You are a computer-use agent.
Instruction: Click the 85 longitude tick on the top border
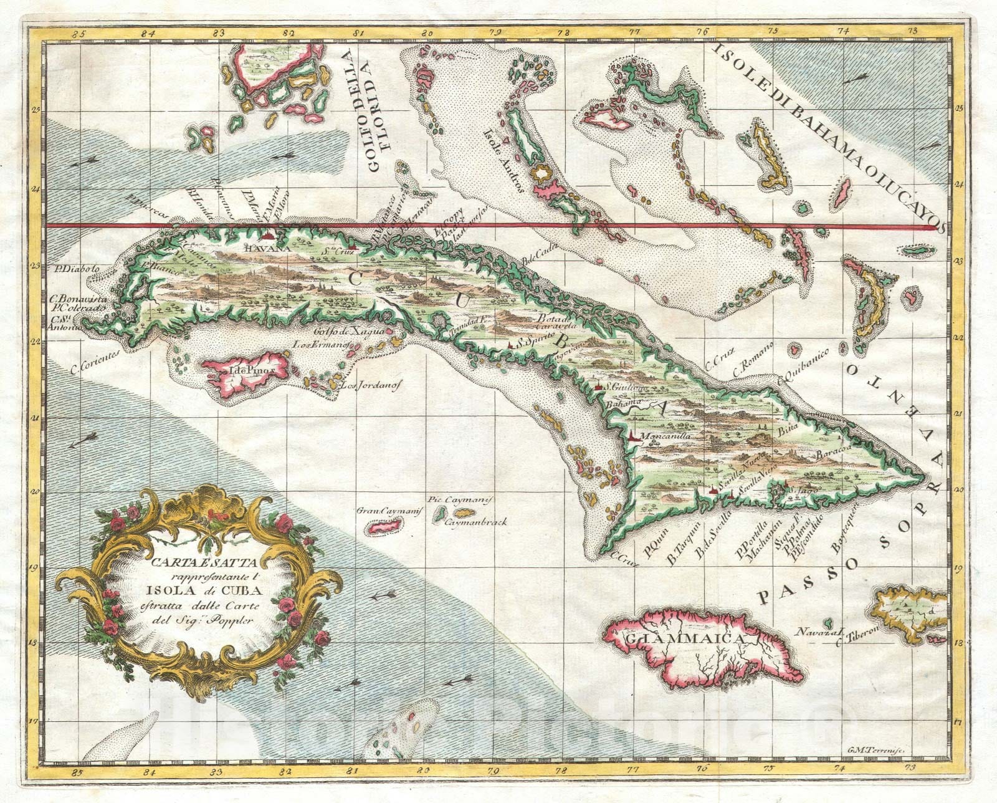(x=60, y=29)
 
